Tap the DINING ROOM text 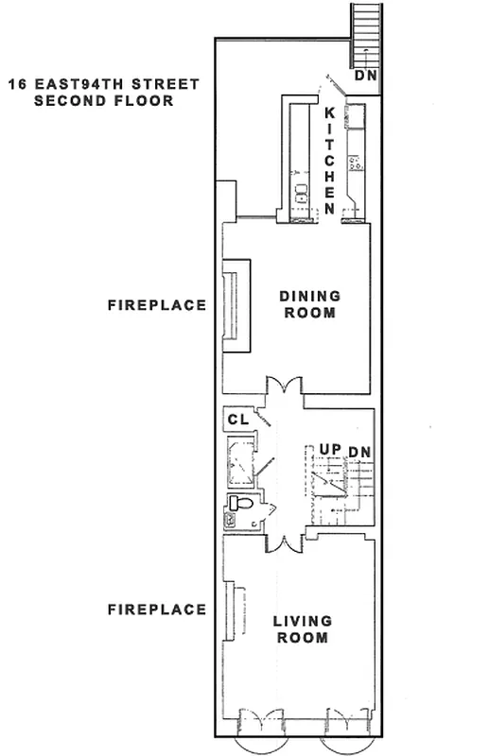point(309,304)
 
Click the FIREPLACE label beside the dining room point(156,305)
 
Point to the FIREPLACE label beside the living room point(156,610)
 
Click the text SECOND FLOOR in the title point(103,100)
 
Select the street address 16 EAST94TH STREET point(103,84)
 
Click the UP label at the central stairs point(329,449)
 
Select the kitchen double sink point(302,198)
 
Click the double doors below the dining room point(283,387)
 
